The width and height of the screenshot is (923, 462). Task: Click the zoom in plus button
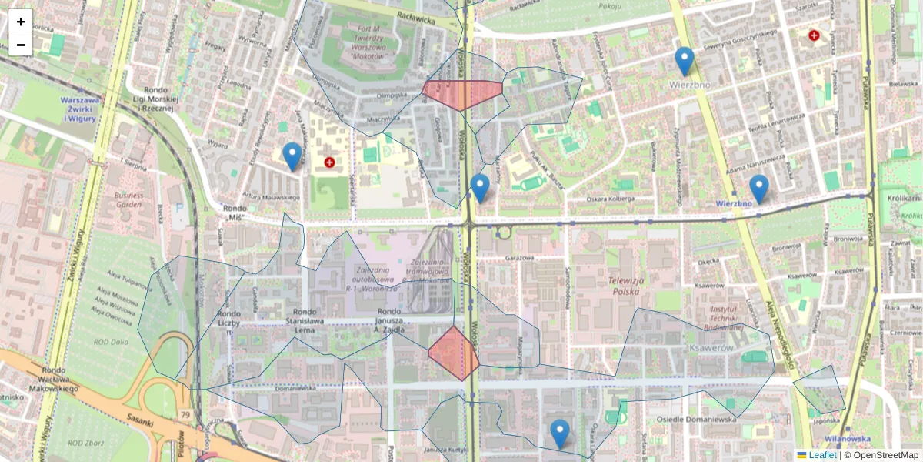21,22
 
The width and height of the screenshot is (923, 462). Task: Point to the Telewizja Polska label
629,286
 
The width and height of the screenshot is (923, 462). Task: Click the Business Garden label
129,200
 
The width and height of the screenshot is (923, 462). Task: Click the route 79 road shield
185,416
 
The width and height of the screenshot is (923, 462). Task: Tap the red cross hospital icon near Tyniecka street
814,35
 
